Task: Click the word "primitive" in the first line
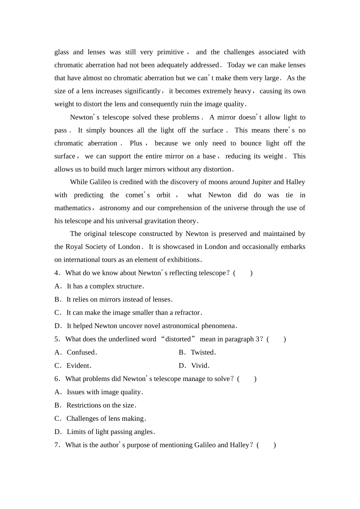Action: tap(171, 52)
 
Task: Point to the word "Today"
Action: tap(236, 65)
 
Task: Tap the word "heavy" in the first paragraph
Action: tap(242, 91)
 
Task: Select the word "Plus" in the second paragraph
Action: tap(136, 143)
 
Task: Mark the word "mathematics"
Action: tap(72, 208)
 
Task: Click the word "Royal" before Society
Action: tap(74, 247)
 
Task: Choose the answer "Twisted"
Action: tap(202, 353)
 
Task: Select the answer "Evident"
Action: tap(78, 366)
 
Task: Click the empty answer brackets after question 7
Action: tap(266, 445)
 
